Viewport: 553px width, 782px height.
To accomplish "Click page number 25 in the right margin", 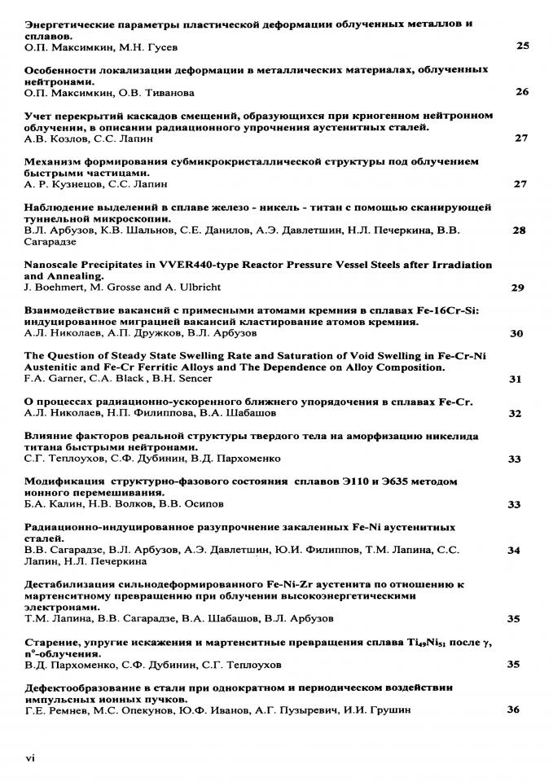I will tap(522, 46).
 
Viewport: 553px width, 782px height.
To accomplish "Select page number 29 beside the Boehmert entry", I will tap(517, 288).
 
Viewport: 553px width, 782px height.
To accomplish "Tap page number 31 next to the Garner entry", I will tap(515, 379).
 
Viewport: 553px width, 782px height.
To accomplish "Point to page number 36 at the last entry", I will tap(513, 710).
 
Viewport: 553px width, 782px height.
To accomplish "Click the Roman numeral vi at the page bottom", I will tap(30, 758).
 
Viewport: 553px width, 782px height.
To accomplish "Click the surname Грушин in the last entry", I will tap(388, 710).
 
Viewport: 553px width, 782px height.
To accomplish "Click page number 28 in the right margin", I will tap(519, 231).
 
